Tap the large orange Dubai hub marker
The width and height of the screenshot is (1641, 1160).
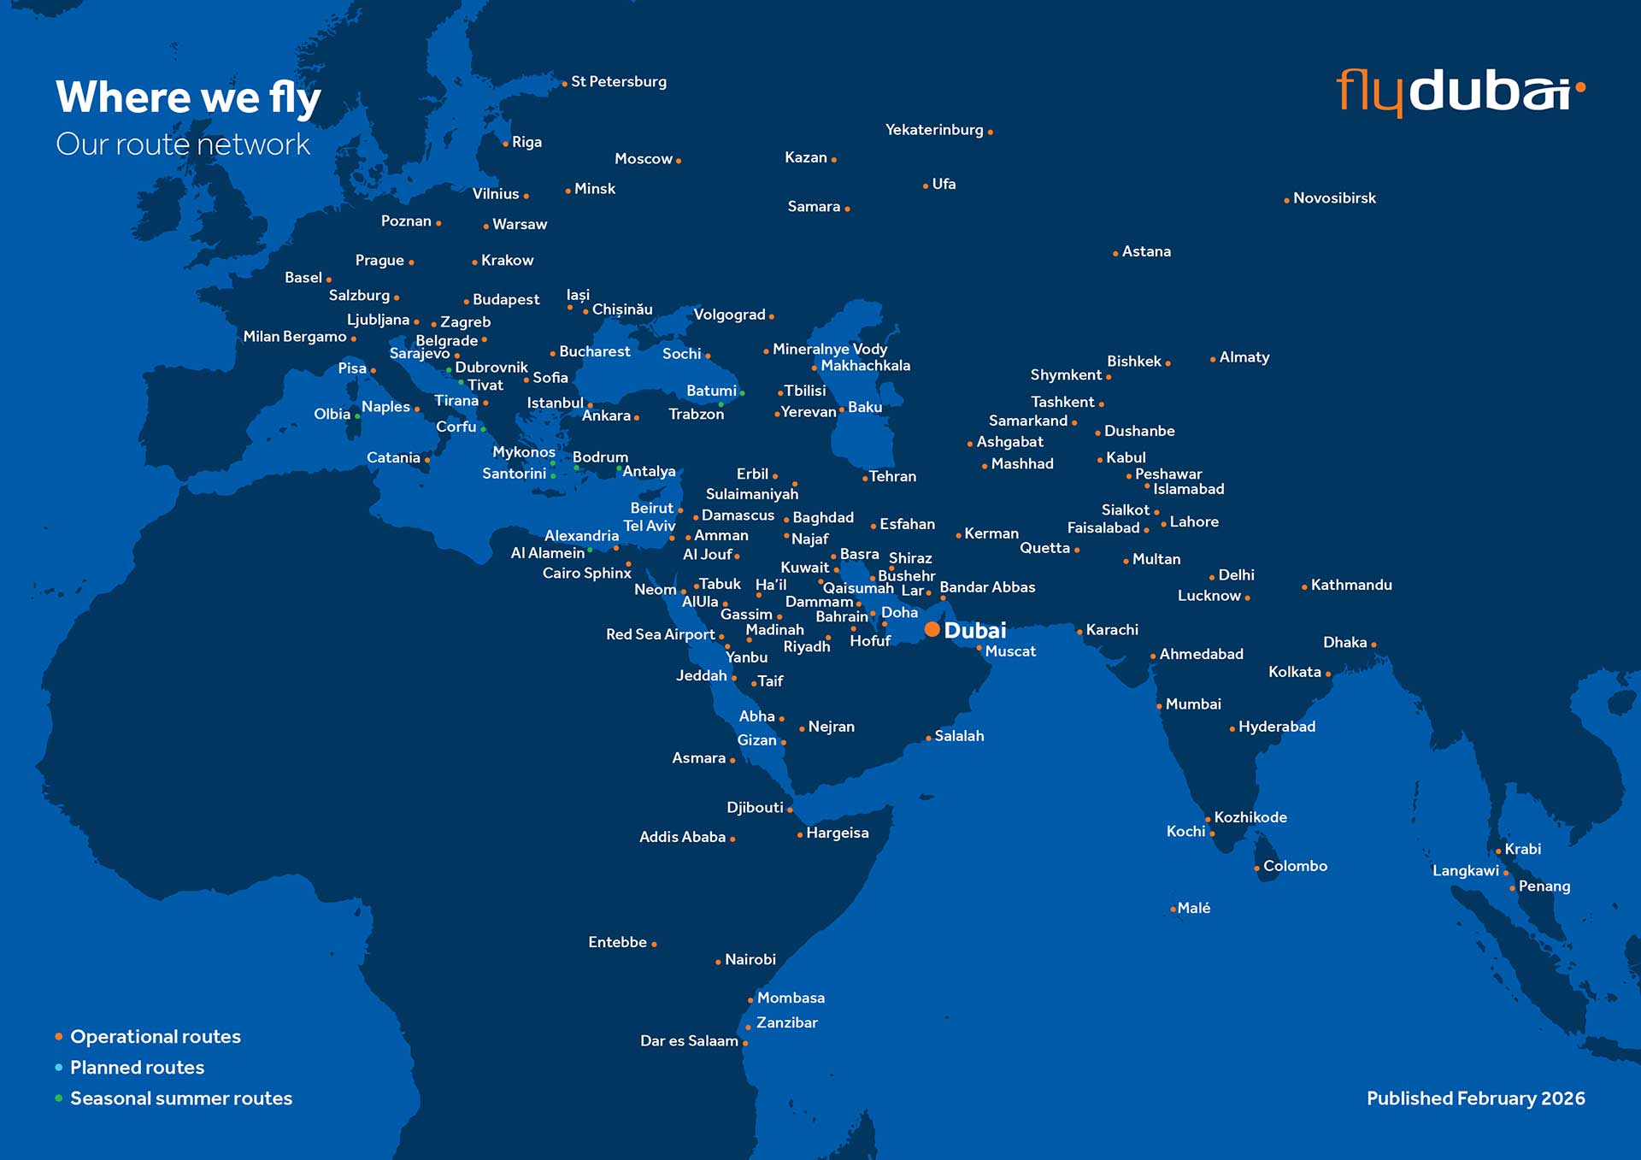tap(932, 630)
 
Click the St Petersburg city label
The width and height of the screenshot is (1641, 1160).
tap(619, 82)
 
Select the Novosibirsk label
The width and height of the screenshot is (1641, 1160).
tap(1334, 198)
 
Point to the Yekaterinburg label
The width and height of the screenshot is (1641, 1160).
tap(934, 130)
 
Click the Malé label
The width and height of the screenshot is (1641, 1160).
tap(1194, 908)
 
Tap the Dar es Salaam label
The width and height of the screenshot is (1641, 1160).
tap(689, 1041)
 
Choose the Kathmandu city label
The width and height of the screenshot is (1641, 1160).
tap(1351, 586)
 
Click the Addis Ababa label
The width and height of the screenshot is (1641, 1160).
tap(682, 838)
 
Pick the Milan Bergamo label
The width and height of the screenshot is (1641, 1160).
tap(295, 337)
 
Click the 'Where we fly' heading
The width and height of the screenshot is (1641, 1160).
tap(188, 97)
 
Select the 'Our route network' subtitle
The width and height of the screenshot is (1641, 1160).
tap(183, 144)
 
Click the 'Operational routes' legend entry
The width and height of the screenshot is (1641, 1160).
tap(155, 1037)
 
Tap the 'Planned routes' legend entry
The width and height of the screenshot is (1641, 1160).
tap(137, 1068)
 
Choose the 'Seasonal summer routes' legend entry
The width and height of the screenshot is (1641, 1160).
tap(180, 1098)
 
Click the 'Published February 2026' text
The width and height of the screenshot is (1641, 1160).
tap(1475, 1098)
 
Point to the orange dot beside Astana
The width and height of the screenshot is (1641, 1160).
tap(1115, 254)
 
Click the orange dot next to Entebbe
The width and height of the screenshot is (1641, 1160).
tap(654, 945)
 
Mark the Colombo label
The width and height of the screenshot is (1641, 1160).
tap(1295, 866)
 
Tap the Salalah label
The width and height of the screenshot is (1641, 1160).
tap(959, 736)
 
